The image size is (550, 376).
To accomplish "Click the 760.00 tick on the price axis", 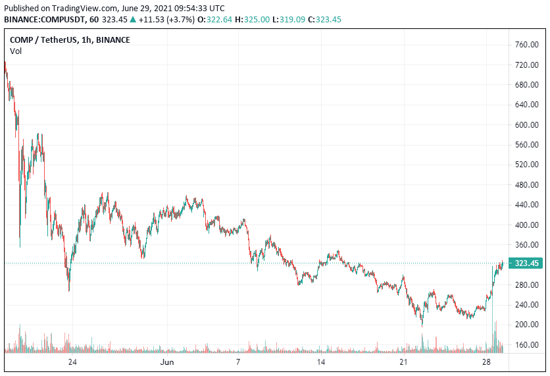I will coord(528,45).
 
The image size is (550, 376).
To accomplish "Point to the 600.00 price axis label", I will coord(528,125).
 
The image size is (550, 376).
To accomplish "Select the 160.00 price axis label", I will coord(528,345).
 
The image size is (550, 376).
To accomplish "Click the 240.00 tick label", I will coord(528,305).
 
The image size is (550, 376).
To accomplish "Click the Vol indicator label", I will coord(16,51).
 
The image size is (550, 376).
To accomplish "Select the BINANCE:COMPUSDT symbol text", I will coord(42,20).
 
